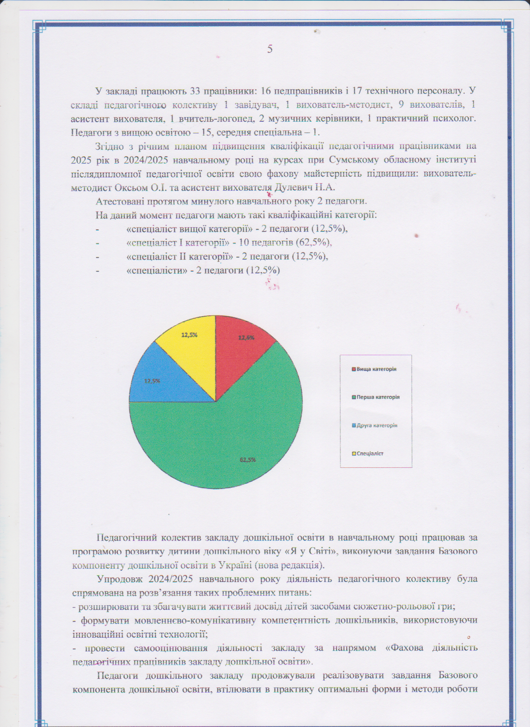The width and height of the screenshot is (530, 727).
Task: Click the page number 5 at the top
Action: coord(270,49)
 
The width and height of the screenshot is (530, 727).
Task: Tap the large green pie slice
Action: coord(224,440)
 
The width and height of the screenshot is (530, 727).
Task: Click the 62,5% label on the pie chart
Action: coord(247,460)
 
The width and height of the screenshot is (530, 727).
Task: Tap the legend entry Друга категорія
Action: coord(377,425)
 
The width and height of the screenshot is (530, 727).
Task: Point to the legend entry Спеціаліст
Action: coord(370,454)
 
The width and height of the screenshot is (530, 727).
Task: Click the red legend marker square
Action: coord(354,369)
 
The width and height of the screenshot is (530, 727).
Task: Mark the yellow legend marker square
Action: coord(354,454)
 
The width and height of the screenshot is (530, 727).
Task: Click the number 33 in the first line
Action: coord(195,90)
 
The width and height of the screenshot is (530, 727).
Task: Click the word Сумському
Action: coord(353,160)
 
